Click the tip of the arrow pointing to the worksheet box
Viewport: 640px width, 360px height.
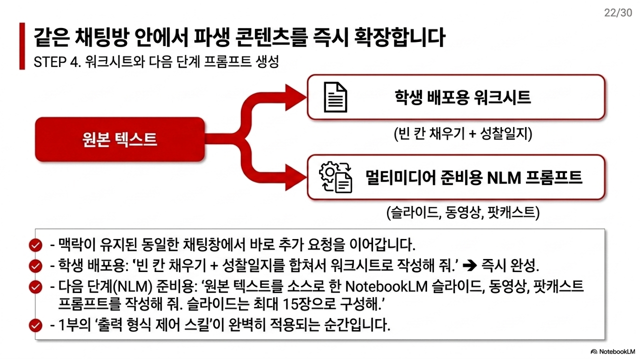point(306,97)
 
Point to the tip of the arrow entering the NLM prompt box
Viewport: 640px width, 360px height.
point(306,177)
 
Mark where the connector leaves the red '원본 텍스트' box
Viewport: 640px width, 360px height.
point(204,139)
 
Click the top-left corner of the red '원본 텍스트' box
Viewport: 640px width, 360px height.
point(35,117)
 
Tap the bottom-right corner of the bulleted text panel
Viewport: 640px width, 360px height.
point(604,339)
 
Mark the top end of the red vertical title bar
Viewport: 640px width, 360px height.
point(22,23)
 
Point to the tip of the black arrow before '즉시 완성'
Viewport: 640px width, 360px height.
point(477,265)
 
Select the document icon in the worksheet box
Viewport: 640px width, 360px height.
point(335,97)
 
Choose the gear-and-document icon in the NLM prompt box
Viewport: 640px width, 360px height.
point(335,177)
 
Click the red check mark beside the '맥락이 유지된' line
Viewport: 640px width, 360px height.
point(35,245)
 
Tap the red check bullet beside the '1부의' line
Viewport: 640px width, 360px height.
point(35,325)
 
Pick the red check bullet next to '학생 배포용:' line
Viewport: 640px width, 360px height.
point(35,266)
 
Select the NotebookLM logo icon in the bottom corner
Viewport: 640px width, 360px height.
point(594,351)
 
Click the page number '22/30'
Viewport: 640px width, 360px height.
point(618,13)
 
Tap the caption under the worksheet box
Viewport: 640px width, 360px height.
point(463,133)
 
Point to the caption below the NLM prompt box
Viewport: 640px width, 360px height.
point(463,212)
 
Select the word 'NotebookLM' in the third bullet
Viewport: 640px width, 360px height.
point(386,286)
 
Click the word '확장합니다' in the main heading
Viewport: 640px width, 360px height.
point(399,37)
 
